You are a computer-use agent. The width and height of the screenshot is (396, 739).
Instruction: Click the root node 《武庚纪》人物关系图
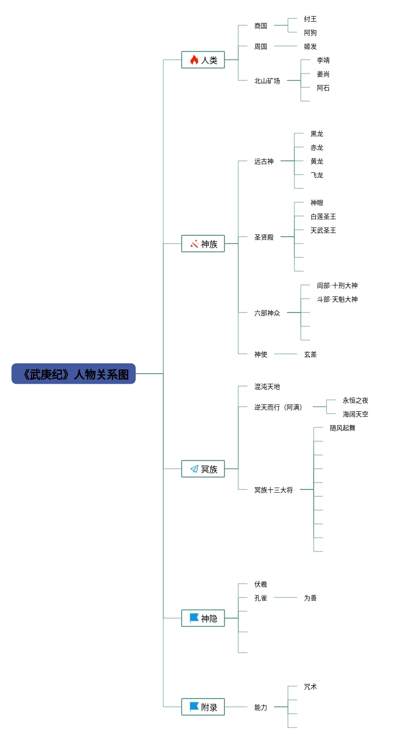74,374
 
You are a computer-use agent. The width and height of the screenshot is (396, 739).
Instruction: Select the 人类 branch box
203,60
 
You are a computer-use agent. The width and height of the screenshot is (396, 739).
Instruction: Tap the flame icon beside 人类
194,60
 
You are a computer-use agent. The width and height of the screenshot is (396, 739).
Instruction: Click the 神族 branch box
203,244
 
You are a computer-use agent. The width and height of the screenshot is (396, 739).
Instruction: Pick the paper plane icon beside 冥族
194,469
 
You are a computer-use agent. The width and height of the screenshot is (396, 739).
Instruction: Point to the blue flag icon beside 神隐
194,618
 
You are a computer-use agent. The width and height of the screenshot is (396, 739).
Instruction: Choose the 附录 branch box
203,707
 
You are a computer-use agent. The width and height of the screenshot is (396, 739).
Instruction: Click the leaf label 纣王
310,19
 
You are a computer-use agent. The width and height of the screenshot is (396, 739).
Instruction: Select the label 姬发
310,46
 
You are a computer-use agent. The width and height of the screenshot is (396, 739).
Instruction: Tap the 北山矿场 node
267,81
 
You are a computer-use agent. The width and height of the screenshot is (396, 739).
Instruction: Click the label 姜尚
323,74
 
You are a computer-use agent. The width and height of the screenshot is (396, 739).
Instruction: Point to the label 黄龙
317,161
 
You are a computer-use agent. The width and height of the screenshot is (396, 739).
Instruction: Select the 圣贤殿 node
264,237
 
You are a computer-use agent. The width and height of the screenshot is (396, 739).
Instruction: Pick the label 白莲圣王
323,216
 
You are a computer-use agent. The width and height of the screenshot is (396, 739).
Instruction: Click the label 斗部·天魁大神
337,299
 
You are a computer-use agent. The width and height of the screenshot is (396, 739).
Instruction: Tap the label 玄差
310,354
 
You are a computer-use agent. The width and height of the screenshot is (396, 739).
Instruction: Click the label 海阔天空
356,414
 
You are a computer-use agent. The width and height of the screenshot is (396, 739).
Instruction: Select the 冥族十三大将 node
274,490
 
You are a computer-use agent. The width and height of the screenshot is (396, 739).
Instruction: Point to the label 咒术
310,687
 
